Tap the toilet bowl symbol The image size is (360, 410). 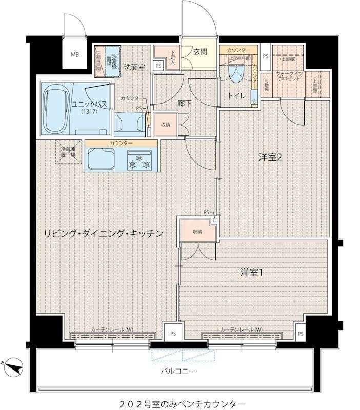coord(236,75)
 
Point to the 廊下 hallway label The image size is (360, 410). coord(184,103)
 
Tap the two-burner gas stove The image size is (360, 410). coord(140,160)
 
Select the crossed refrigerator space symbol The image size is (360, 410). coord(69,153)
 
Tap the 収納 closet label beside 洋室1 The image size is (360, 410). coord(197,231)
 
